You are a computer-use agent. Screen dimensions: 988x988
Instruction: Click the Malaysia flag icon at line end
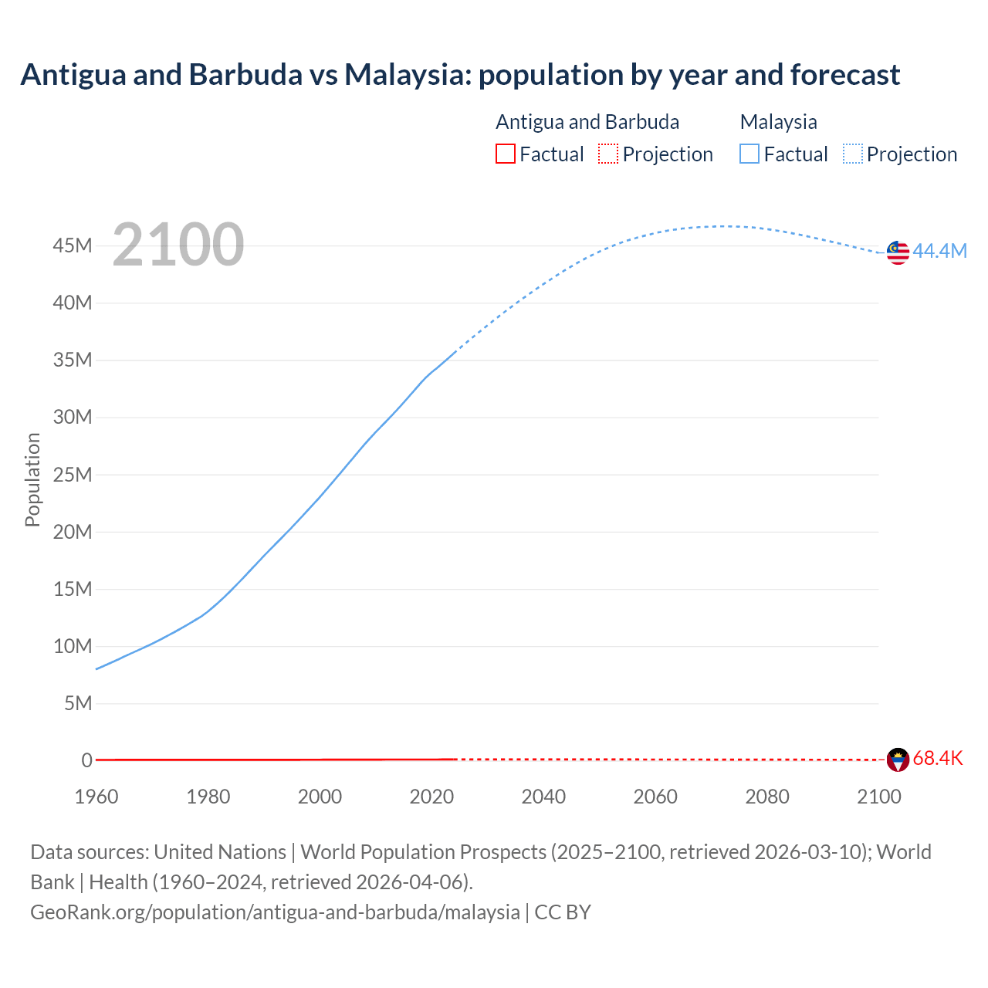coord(898,252)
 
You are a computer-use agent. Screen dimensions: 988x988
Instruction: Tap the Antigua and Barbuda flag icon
coord(898,760)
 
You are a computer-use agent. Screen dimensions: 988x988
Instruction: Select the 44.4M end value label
coord(939,251)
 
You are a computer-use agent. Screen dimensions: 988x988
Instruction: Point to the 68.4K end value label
coord(938,758)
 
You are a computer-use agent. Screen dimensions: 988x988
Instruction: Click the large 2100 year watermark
coord(178,245)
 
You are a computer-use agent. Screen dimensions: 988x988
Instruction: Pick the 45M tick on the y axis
coord(73,245)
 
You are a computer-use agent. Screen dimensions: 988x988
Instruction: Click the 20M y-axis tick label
coord(73,532)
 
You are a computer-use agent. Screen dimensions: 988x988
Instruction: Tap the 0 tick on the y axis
coord(86,760)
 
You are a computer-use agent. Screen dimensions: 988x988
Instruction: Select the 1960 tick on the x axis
coord(96,797)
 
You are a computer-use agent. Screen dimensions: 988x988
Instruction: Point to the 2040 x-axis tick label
coord(543,797)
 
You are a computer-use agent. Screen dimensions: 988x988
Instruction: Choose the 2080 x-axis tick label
coord(767,797)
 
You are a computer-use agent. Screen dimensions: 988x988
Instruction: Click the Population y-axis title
coord(32,479)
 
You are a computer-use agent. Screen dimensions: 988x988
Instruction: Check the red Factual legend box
coord(506,154)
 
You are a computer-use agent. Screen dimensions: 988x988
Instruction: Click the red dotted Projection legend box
coord(608,154)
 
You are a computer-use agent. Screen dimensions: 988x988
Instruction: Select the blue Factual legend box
coord(749,154)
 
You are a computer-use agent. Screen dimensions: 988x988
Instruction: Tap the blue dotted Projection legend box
coord(853,154)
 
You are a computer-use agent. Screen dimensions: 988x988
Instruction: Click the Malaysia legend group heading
coord(778,122)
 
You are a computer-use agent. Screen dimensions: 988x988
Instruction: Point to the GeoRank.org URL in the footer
coord(275,912)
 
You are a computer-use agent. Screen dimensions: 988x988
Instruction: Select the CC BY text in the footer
coord(563,912)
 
